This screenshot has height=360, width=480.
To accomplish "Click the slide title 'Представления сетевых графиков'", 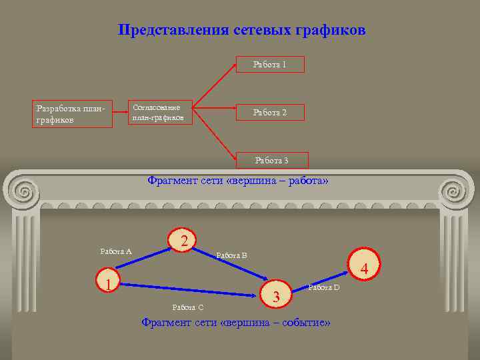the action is click(241, 31).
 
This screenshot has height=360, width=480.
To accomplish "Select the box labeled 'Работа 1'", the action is click(271, 65).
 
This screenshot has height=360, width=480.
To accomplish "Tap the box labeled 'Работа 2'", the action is click(271, 113).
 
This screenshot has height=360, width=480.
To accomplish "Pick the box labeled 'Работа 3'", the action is click(273, 160).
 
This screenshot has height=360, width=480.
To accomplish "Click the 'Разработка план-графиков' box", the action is click(72, 113).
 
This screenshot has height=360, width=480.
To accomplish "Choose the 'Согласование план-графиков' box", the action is click(161, 113).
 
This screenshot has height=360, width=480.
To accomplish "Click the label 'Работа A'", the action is click(116, 251).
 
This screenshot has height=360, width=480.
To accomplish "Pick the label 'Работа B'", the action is click(232, 255).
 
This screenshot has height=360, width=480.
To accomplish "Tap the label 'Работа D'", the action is click(324, 287).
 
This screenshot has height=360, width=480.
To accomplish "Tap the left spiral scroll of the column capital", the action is click(24, 192).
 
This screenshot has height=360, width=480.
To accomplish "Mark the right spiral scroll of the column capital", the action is click(457, 192).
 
